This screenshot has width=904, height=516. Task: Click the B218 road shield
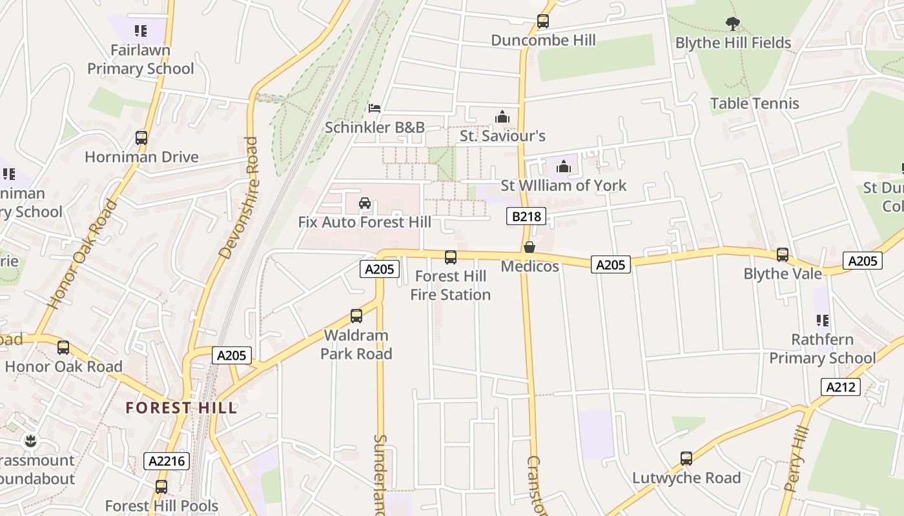[x=526, y=216]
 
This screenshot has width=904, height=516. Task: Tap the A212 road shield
[x=841, y=387]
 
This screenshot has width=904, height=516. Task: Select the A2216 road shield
[x=167, y=461]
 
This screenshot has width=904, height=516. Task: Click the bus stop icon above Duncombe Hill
[x=542, y=21]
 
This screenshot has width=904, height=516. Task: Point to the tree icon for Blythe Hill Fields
[x=732, y=25]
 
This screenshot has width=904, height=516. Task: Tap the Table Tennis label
[x=754, y=103]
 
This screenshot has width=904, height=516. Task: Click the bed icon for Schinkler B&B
[x=375, y=108]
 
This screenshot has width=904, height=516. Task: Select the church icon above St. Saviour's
[x=502, y=117]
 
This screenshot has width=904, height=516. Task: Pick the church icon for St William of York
[x=564, y=166]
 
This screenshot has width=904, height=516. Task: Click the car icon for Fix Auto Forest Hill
[x=364, y=204]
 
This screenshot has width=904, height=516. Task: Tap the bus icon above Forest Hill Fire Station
[x=451, y=257]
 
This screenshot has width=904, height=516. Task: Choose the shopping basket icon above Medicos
[x=529, y=247]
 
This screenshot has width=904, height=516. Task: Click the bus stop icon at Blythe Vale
[x=783, y=255]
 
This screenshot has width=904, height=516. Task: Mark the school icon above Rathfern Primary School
[x=822, y=320]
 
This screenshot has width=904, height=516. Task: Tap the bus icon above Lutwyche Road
[x=686, y=459]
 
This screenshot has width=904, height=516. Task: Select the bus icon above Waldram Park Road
[x=356, y=316]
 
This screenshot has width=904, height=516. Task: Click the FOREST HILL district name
[x=181, y=408]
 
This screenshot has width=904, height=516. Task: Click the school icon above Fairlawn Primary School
[x=140, y=30]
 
